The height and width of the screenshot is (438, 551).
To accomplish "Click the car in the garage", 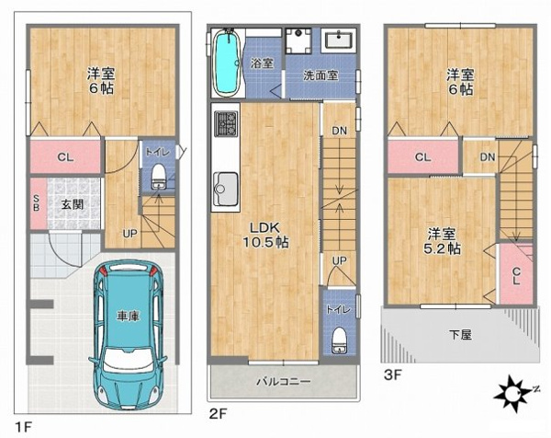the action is (x=128, y=335).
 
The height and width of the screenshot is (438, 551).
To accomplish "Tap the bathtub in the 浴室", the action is (x=227, y=63).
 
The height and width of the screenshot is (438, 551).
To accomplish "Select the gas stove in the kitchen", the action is (x=226, y=123).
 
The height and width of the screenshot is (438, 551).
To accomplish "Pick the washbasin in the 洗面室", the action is (x=339, y=40).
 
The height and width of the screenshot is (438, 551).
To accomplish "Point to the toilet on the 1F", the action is (x=159, y=177).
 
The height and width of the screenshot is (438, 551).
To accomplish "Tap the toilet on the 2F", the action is (x=339, y=340).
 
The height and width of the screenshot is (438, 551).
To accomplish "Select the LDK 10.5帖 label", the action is (x=266, y=235).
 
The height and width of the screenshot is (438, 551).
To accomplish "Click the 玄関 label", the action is (x=73, y=204).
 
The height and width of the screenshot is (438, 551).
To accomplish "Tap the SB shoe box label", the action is (x=36, y=203).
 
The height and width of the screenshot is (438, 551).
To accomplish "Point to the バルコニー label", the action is (x=283, y=381).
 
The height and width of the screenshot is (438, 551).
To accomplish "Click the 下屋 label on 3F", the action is (x=460, y=335).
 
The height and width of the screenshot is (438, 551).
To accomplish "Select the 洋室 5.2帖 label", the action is (x=442, y=241).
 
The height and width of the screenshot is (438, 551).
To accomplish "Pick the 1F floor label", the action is (x=23, y=428).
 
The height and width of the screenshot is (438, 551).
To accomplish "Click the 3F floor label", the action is (x=392, y=375).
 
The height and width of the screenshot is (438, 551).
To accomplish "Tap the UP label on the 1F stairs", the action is (x=129, y=233).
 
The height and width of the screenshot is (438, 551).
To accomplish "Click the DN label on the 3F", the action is (x=488, y=156).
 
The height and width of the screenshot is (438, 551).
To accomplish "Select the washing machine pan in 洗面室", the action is (x=298, y=40).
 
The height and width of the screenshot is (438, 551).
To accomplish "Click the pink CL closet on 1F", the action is (x=65, y=157).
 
